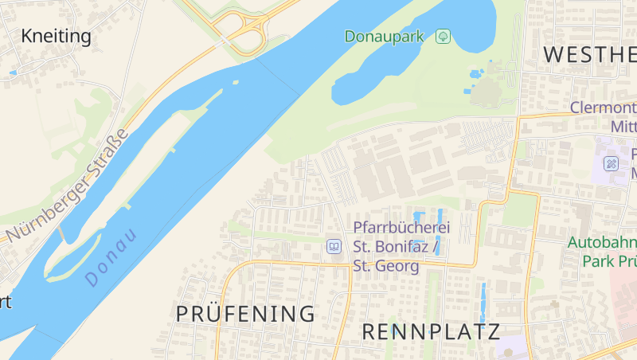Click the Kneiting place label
click(x=56, y=36)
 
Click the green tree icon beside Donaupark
click(x=444, y=37)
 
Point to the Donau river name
click(x=111, y=257)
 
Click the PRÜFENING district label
click(x=245, y=313)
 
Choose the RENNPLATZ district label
click(x=431, y=331)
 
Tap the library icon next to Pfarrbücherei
click(x=334, y=247)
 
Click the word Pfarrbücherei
click(x=396, y=228)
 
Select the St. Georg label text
click(x=386, y=266)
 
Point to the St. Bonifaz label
click(x=391, y=247)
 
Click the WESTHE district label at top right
click(x=590, y=54)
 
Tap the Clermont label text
click(x=604, y=108)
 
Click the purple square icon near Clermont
click(x=611, y=164)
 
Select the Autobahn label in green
click(x=602, y=242)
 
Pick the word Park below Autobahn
click(x=597, y=260)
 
